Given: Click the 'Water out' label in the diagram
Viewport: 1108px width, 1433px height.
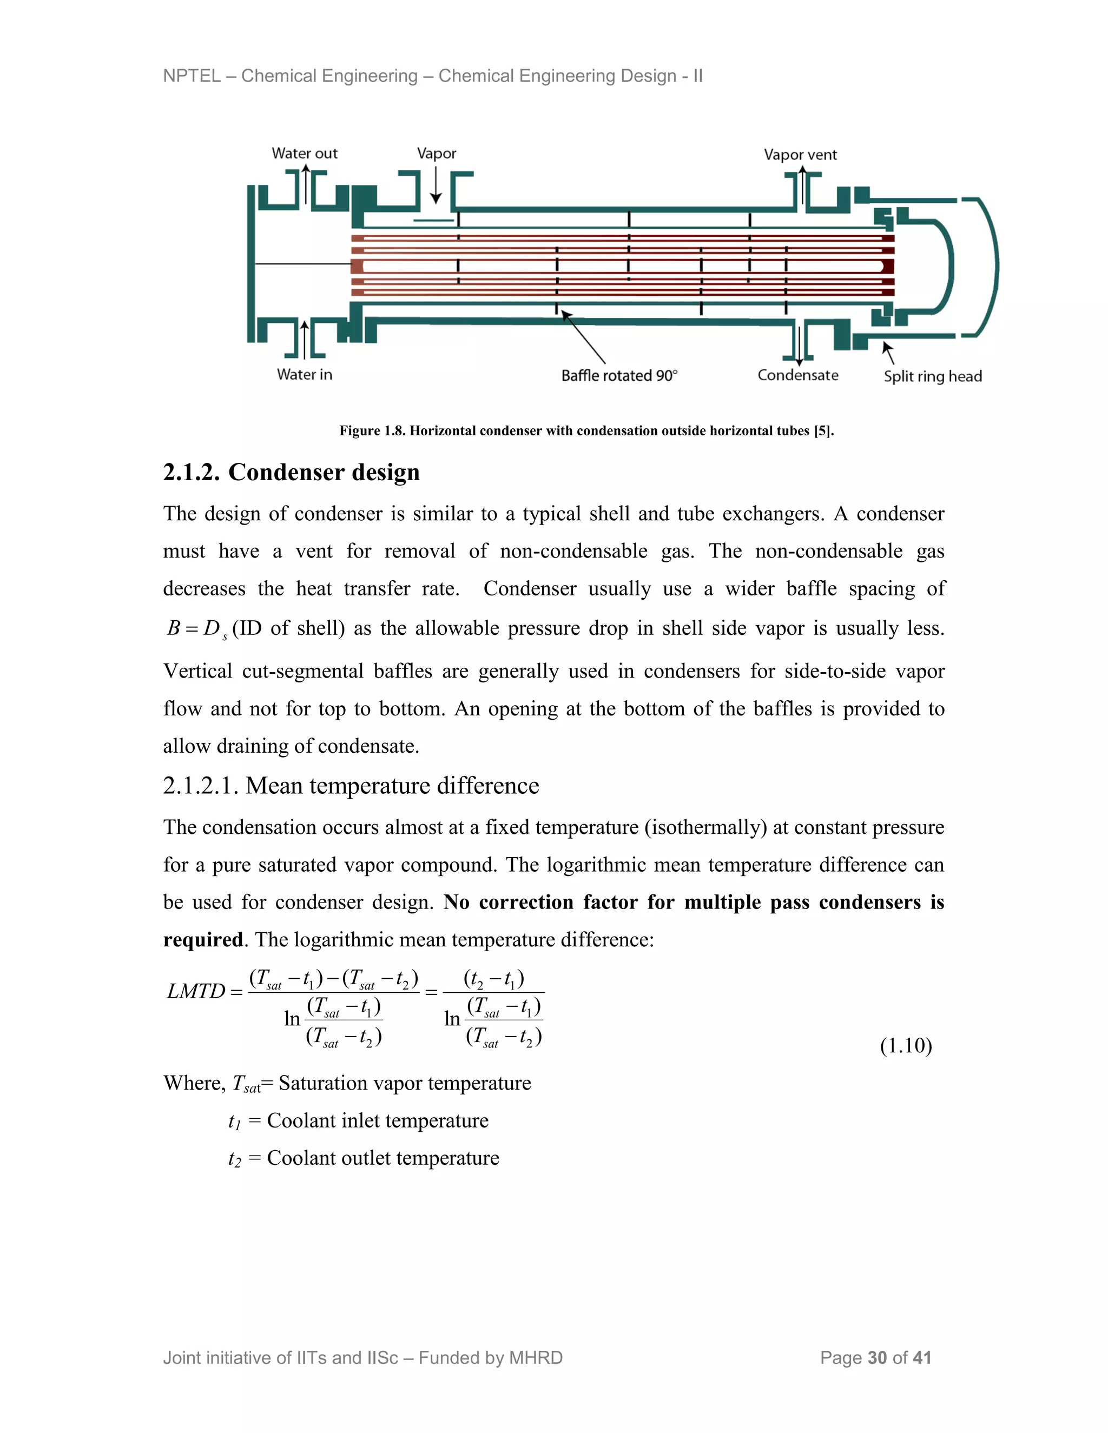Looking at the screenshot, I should pos(305,154).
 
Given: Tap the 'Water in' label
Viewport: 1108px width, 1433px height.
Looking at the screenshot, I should pos(305,375).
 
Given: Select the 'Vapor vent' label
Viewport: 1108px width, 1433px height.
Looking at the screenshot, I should pos(800,155).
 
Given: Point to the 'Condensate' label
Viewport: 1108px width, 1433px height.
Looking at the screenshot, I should pos(797,375).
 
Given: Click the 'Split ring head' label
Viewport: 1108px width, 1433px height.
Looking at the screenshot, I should pos(932,376).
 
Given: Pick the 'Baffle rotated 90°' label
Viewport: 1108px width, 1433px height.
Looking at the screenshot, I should pos(619,375).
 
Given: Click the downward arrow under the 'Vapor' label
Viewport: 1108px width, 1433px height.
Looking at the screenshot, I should pos(436,187).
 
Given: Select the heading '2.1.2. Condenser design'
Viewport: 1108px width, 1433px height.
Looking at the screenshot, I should pos(292,473).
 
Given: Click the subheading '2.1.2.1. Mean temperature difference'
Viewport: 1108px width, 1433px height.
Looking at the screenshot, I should pos(351,785).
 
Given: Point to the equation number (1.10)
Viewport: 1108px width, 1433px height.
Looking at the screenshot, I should pos(906,1045).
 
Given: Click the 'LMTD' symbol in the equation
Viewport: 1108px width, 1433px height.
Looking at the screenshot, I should pos(196,991).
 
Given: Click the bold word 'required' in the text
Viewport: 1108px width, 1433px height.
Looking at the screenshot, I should pos(203,940).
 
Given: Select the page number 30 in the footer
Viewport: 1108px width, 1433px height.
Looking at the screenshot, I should pos(877,1357).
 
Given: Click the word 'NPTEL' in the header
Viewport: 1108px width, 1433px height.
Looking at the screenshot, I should pos(192,76).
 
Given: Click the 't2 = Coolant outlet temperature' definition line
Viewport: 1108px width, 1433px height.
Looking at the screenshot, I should pos(364,1158).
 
